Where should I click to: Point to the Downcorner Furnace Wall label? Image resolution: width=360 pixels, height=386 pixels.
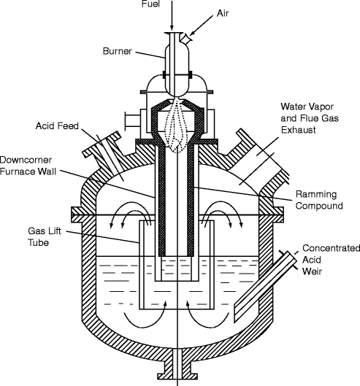[x=30, y=163]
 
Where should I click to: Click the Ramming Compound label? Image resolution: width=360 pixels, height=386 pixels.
[x=319, y=200]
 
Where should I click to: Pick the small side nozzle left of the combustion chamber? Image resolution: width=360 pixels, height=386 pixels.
[x=131, y=117]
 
